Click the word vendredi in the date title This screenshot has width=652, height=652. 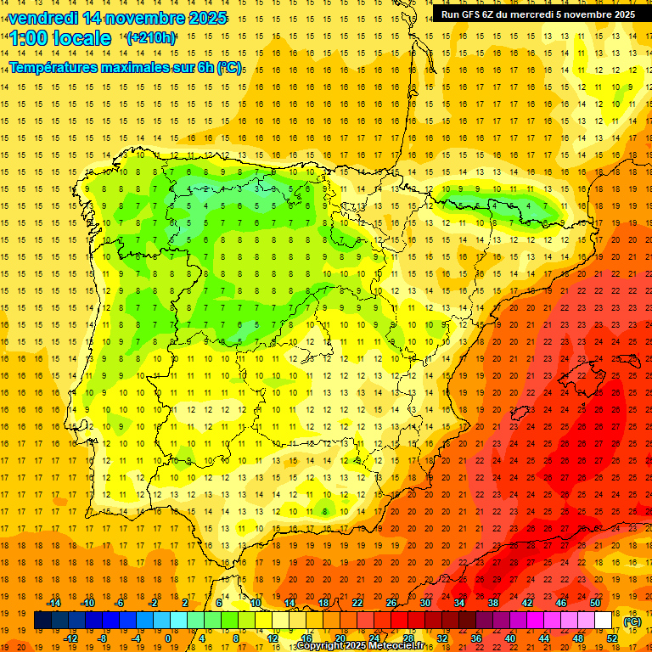pyautogui.click(x=43, y=18)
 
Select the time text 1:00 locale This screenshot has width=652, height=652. pyautogui.click(x=60, y=38)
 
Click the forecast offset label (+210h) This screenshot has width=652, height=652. pyautogui.click(x=151, y=38)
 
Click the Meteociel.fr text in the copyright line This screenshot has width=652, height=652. pyautogui.click(x=400, y=646)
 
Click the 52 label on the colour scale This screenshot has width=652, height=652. pyautogui.click(x=612, y=638)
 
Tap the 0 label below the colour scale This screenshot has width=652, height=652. pyautogui.click(x=168, y=638)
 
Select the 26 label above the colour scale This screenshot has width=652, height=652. pyautogui.click(x=391, y=603)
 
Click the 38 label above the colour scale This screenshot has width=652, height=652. pyautogui.click(x=492, y=603)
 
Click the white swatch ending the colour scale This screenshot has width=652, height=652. pyautogui.click(x=604, y=621)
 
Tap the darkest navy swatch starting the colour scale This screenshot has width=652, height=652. pyautogui.click(x=42, y=621)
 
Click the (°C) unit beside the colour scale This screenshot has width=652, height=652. pyautogui.click(x=632, y=621)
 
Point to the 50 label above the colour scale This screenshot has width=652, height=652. pyautogui.click(x=595, y=603)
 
